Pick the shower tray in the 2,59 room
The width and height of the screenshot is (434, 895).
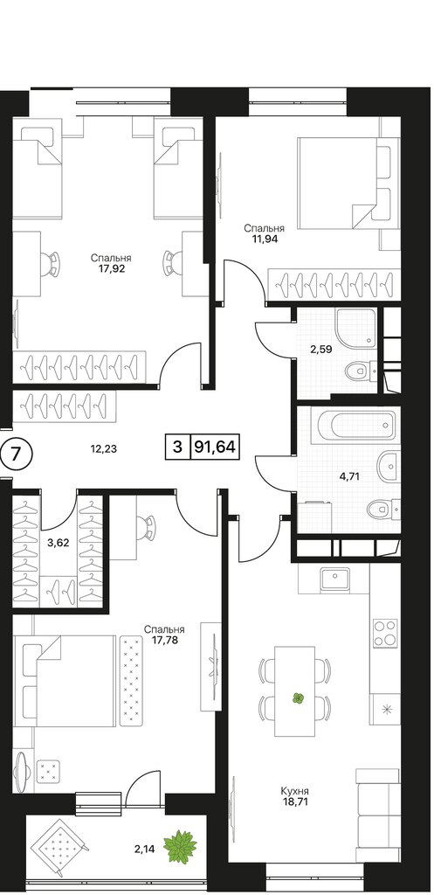point(356,329)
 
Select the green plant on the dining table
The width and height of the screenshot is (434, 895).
point(297,697)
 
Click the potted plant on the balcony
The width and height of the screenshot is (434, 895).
point(180,847)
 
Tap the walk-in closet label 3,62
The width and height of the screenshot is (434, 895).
point(59,543)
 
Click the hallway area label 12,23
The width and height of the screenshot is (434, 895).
point(103,448)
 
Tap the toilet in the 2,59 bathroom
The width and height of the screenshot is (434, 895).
point(361,371)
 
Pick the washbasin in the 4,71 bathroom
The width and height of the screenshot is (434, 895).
point(389,465)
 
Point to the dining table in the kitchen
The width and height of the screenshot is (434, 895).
point(295,690)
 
